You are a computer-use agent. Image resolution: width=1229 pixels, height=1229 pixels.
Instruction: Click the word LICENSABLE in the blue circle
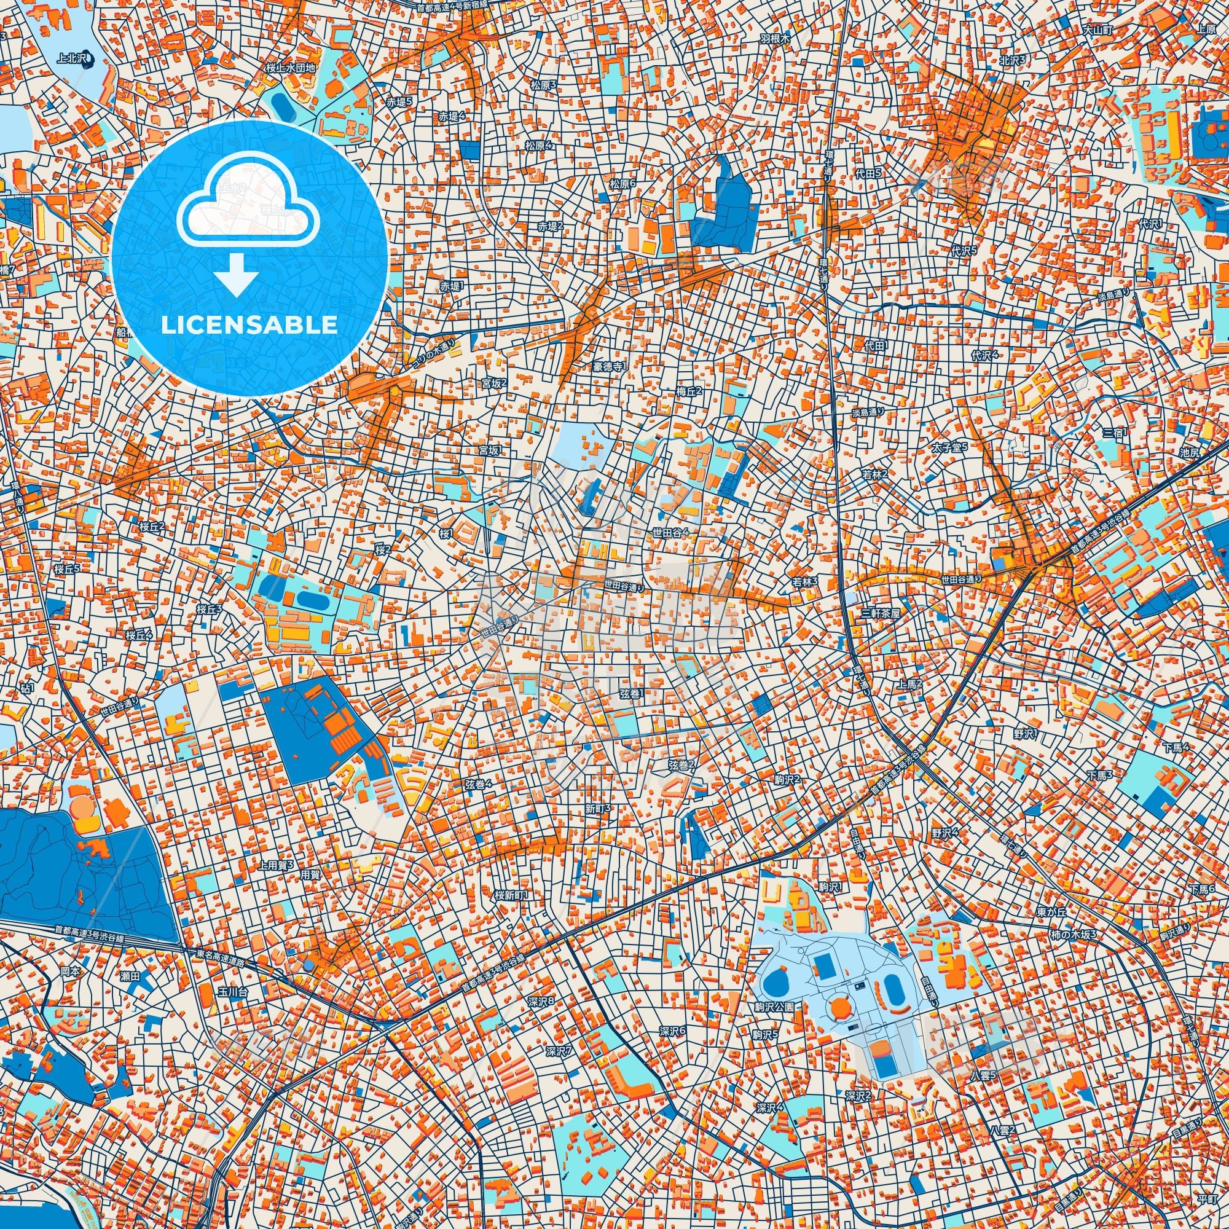click(249, 325)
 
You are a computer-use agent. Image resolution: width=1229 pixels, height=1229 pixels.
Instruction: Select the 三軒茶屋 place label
click(881, 614)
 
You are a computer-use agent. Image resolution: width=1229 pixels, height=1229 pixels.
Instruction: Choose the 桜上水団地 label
click(290, 68)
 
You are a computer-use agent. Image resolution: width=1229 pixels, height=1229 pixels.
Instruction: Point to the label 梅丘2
click(689, 391)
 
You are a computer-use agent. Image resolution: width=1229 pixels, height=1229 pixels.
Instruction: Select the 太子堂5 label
click(950, 447)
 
